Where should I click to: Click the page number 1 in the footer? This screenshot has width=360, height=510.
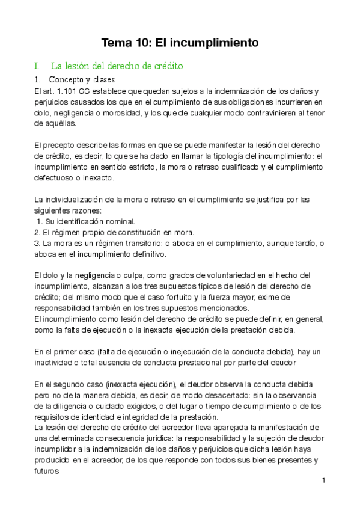323,481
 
